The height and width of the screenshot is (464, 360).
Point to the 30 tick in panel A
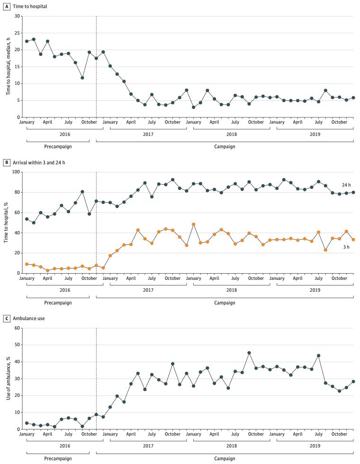click(18, 16)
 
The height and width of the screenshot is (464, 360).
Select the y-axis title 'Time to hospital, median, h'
click(8, 67)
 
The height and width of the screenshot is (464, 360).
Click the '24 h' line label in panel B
click(346, 185)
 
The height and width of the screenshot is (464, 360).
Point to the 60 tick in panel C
click(18, 328)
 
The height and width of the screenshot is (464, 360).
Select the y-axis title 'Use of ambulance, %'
click(8, 379)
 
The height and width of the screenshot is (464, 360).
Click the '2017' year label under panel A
click(148, 134)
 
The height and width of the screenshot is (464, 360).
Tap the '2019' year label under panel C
click(315, 446)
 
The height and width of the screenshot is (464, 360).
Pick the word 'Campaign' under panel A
click(225, 146)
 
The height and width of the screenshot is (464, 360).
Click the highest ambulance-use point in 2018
click(249, 353)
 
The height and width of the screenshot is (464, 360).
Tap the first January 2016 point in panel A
click(27, 41)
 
